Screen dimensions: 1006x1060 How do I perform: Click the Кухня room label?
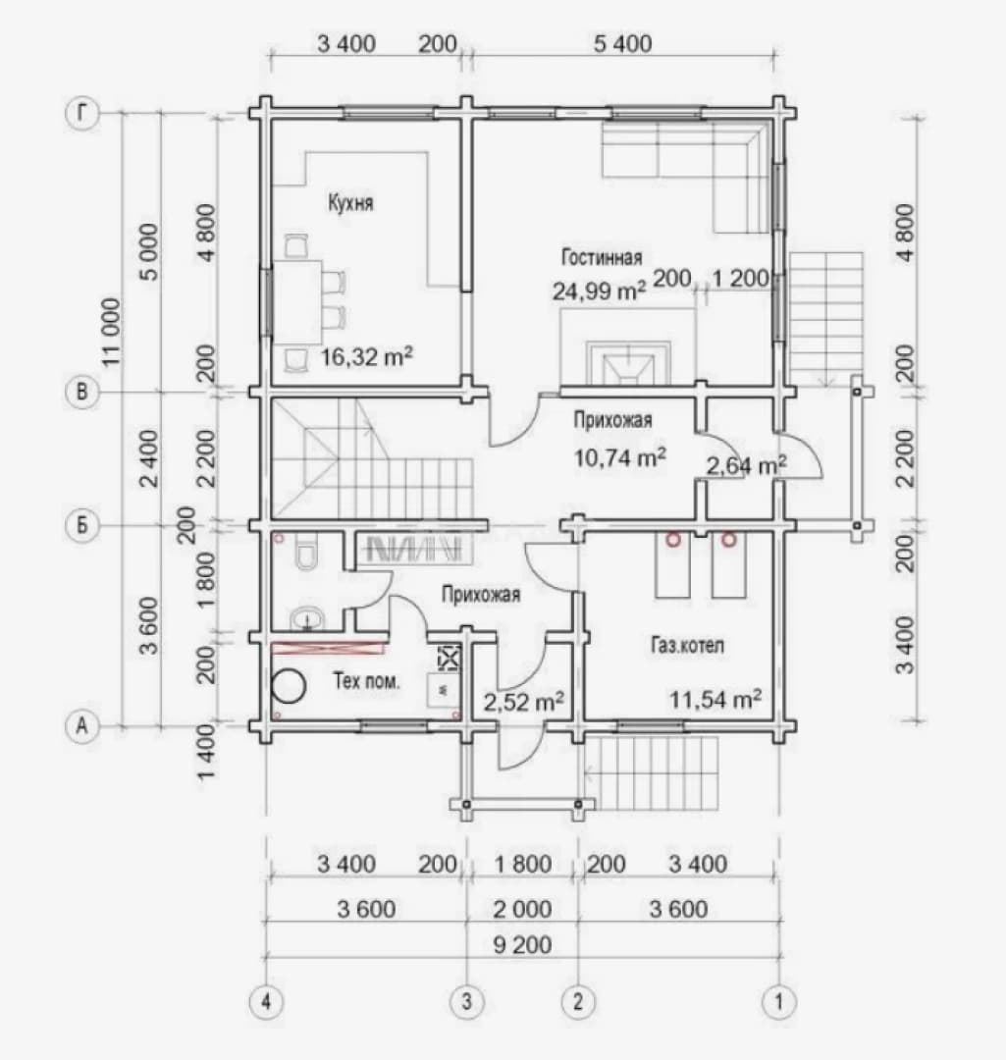point(350,203)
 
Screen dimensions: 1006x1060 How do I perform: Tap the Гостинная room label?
point(601,257)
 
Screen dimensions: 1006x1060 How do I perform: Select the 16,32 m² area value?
point(366,356)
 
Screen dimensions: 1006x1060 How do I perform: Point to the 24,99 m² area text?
point(599,291)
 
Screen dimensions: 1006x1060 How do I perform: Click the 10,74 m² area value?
point(620,457)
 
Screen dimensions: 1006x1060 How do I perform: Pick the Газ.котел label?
point(687,645)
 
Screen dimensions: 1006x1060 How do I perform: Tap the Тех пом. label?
point(366,680)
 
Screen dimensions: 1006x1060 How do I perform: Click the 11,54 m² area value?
point(715,699)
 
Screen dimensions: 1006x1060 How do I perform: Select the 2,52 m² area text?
point(524,703)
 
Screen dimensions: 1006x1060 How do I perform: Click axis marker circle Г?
point(82,113)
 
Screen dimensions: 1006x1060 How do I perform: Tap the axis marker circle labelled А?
point(82,726)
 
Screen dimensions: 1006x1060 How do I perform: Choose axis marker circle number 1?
point(779,1000)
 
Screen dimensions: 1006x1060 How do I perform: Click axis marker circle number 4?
point(266,1000)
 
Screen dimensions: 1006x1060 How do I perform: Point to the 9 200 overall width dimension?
point(522,944)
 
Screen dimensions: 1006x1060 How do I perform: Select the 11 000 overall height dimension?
point(112,332)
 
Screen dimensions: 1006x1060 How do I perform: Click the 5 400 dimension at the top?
point(622,44)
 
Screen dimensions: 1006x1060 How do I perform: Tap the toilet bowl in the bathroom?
point(307,553)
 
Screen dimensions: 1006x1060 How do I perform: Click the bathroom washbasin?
point(308,618)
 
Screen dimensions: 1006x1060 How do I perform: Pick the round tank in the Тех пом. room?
point(289,686)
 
